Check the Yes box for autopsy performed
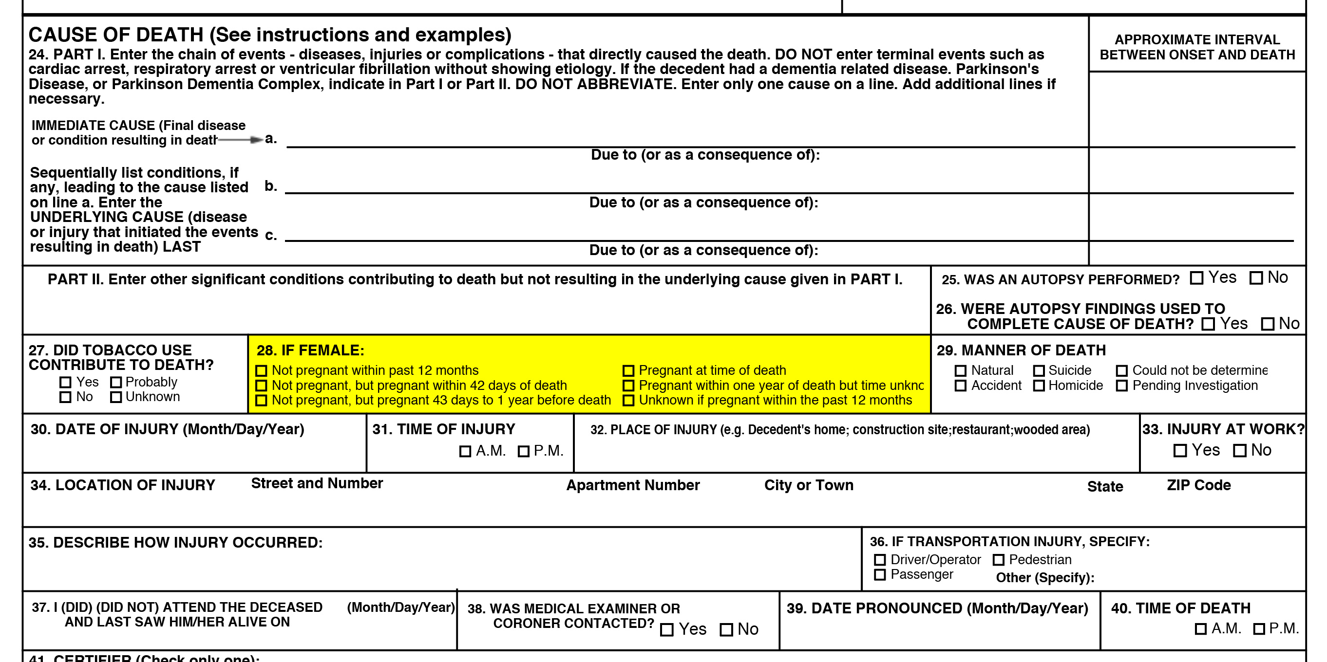tap(1196, 278)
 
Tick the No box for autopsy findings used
tap(1267, 324)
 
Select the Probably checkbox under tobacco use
tap(116, 382)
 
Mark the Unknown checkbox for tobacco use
tap(116, 397)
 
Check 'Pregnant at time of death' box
tap(628, 370)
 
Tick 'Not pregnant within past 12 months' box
tap(261, 370)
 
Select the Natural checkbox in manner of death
tap(960, 370)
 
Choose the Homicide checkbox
tap(1039, 386)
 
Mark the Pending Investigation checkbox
tap(1121, 386)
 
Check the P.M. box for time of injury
tap(523, 451)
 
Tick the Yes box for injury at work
tap(1180, 450)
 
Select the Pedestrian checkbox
tap(998, 560)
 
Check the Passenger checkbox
tap(880, 574)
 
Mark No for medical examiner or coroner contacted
tap(726, 629)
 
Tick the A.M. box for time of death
tap(1200, 628)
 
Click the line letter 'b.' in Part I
tap(270, 186)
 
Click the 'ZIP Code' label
tap(1198, 485)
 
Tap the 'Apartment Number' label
tap(633, 485)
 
